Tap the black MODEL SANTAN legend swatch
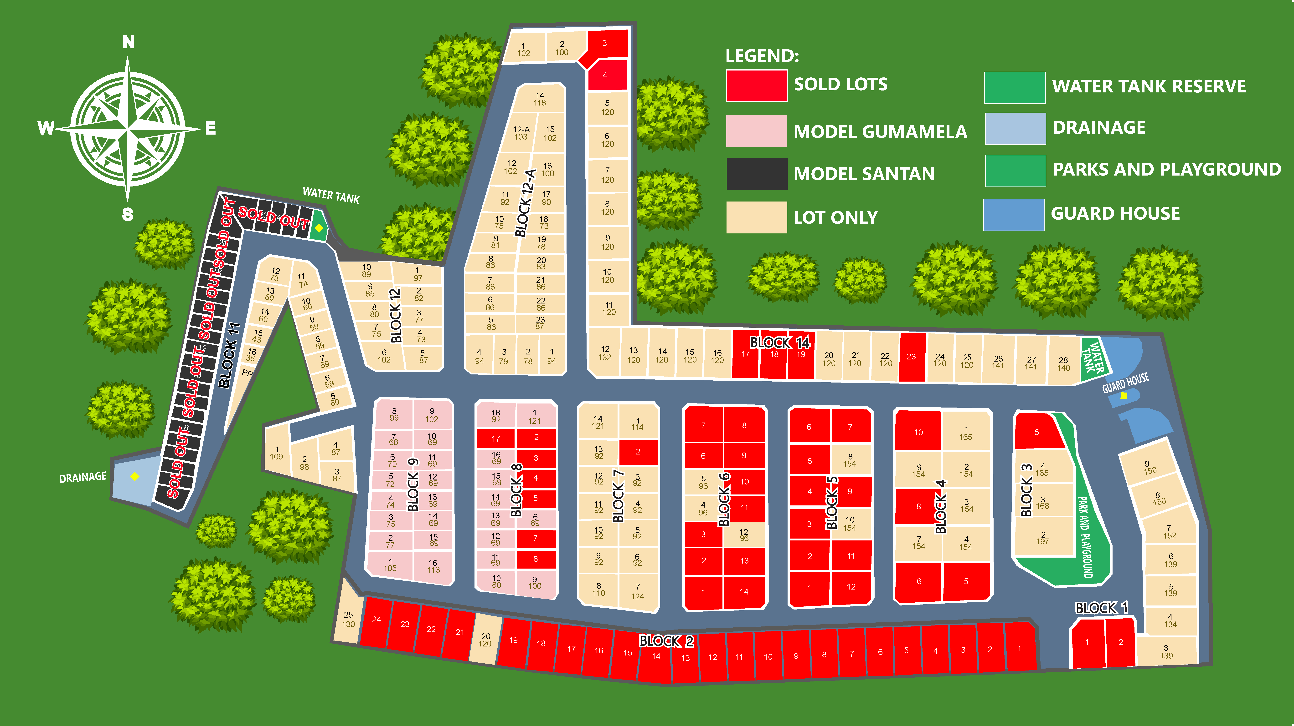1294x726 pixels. tap(757, 174)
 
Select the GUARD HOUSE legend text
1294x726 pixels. tap(1115, 213)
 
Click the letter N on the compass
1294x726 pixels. tap(129, 42)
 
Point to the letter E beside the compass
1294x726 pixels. tap(211, 129)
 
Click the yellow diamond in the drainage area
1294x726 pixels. tap(135, 476)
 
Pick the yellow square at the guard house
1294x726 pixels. tap(1124, 396)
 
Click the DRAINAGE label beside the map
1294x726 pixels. tap(83, 477)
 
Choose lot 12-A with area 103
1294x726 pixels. tap(521, 133)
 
